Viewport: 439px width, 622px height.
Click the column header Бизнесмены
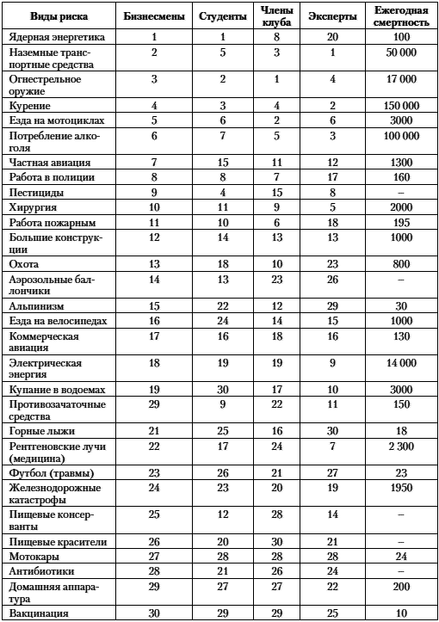tap(152, 16)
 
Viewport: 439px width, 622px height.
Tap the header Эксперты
tap(331, 16)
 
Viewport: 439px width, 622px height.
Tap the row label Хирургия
tap(30, 207)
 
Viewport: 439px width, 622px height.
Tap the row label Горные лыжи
tap(40, 428)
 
